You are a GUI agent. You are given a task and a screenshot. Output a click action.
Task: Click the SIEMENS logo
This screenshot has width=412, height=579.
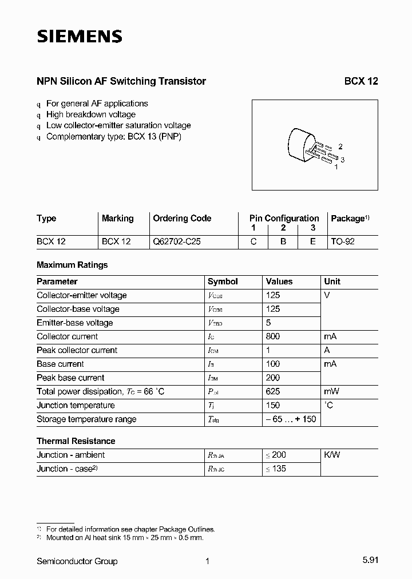(x=80, y=37)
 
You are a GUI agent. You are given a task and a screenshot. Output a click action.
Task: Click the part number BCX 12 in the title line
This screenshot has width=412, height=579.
(x=360, y=81)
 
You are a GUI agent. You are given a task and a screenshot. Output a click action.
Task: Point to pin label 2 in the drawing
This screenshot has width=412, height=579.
(x=340, y=147)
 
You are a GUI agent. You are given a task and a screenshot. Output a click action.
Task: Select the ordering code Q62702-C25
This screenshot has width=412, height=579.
(x=176, y=241)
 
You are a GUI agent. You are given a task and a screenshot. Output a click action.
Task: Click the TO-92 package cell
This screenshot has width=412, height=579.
(x=343, y=241)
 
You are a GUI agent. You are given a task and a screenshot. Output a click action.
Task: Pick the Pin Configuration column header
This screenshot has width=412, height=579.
(x=284, y=219)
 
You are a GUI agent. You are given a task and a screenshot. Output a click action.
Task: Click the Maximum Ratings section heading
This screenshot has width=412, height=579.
(x=72, y=265)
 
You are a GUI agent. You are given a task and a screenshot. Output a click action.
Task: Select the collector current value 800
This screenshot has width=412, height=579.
(x=273, y=336)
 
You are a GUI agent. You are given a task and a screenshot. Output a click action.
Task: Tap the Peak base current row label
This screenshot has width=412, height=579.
(x=70, y=378)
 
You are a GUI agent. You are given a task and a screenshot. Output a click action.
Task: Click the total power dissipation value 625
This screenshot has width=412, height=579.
(x=273, y=391)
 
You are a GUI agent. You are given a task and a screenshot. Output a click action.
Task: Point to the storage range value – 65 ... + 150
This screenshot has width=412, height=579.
(x=291, y=419)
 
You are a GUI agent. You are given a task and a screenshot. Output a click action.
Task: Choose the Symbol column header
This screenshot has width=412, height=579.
(x=223, y=281)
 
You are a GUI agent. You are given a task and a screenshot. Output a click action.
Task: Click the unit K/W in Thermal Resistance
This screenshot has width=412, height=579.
(x=332, y=455)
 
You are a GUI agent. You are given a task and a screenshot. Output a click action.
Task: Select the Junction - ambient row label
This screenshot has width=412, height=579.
(x=70, y=455)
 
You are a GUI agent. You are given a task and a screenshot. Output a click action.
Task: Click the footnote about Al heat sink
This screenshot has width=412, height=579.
(x=124, y=538)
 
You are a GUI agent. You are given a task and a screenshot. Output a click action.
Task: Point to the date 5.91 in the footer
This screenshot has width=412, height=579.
(x=370, y=561)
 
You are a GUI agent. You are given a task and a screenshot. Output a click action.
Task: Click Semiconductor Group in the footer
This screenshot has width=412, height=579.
(x=77, y=561)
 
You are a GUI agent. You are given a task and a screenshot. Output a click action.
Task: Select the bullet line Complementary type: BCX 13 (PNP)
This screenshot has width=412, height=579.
(x=113, y=136)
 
